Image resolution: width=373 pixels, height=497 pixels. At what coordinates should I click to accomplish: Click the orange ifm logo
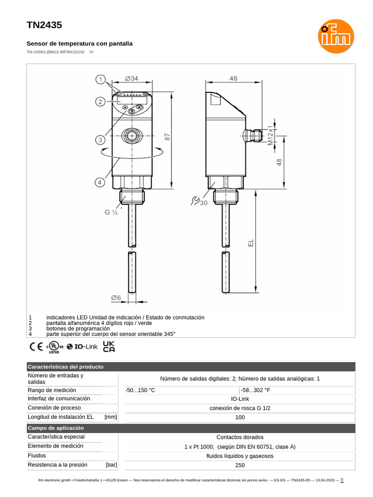336,40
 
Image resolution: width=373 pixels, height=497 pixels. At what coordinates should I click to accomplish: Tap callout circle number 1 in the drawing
101,80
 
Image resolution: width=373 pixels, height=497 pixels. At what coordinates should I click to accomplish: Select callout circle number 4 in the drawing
99,182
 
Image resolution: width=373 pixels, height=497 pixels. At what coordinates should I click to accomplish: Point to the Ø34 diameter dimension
131,78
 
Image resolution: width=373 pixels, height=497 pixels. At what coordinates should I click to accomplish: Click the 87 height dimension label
168,137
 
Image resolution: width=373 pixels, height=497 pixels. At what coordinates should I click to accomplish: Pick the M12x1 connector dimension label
271,135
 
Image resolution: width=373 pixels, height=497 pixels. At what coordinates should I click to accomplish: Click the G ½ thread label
111,212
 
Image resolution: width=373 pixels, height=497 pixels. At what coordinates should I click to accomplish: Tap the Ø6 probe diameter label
116,297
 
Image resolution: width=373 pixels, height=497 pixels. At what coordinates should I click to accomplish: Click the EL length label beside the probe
251,242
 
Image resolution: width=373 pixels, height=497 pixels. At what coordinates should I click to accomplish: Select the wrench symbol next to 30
195,201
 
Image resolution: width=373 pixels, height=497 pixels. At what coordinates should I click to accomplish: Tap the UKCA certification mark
109,346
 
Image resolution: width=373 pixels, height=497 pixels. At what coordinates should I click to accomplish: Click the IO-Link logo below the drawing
83,347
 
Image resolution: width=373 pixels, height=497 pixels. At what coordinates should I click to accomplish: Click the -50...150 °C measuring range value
140,390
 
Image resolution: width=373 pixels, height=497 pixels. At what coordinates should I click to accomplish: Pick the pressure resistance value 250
240,465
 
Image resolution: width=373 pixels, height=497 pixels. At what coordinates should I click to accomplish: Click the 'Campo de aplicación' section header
56,428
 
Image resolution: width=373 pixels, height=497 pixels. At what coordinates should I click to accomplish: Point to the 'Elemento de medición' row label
56,446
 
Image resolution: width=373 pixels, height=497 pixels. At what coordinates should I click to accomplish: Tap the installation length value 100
240,417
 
